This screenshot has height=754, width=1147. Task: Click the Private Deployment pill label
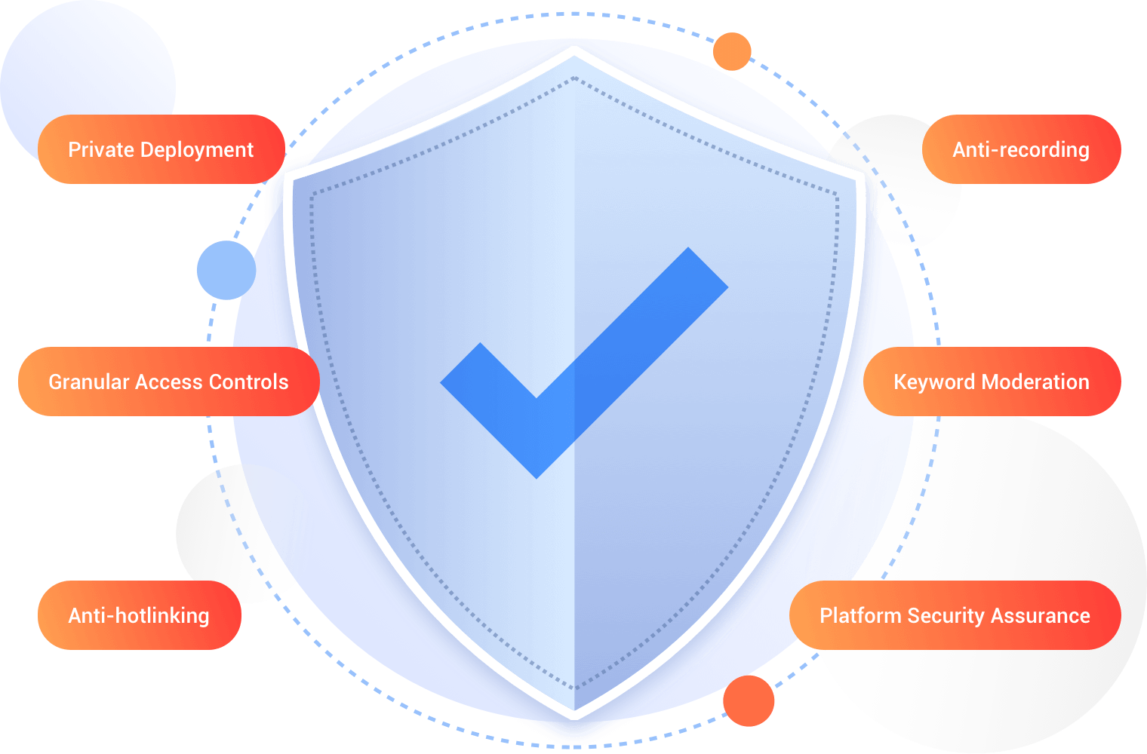point(161,149)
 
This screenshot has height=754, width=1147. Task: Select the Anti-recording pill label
point(1021,149)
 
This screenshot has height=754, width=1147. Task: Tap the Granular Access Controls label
point(168,382)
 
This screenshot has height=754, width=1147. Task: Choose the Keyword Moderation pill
point(991,382)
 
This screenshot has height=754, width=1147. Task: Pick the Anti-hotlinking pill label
point(139,615)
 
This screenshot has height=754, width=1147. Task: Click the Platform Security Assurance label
point(955,615)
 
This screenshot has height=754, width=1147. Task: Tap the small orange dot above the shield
point(732,51)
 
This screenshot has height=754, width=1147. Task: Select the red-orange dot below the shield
point(749,700)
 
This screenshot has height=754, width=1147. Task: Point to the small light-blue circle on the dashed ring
point(226,270)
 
